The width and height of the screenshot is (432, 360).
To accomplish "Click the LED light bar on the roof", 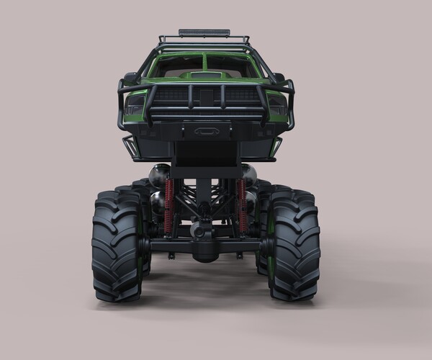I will point(204,33).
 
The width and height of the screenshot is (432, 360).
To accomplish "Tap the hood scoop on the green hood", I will point(206,75).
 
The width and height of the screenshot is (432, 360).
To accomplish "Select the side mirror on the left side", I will point(130,78).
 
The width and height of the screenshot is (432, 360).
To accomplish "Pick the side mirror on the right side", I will point(279,78).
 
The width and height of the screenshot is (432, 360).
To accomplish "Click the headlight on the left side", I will point(135,107).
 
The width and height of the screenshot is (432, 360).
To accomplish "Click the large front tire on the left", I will point(117,245).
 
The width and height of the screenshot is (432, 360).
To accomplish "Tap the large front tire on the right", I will point(294,245).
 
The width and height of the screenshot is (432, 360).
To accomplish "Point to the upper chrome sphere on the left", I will point(159,174).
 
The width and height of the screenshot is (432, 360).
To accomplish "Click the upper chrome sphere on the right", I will point(249,174).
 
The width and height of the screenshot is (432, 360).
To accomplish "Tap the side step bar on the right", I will point(275,147).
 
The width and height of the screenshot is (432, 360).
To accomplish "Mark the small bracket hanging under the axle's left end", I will point(171,256).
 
